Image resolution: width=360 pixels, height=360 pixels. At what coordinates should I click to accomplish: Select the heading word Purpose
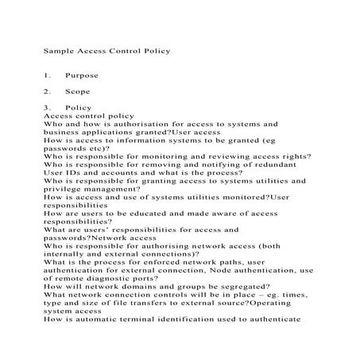(83, 75)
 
